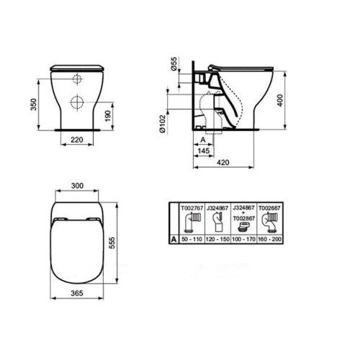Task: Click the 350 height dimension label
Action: [x=34, y=104]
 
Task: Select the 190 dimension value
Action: [x=108, y=116]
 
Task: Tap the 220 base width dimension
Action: [x=77, y=140]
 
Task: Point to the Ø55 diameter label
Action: [x=174, y=63]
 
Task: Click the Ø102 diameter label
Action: [x=163, y=124]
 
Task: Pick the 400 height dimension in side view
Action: [x=280, y=100]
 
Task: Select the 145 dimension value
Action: [x=204, y=150]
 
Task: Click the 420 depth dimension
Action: [x=223, y=163]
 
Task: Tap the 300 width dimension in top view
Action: [x=77, y=186]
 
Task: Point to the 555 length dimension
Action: [x=112, y=243]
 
